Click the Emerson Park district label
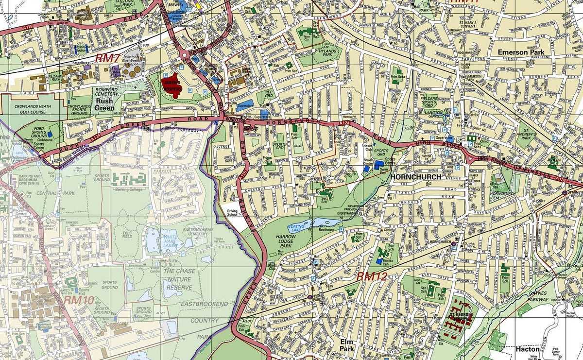point(520,52)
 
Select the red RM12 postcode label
point(372,276)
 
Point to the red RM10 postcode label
point(78,300)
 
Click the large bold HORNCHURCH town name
point(415,177)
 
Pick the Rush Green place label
point(104,104)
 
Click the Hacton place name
point(527,349)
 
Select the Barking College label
point(129,189)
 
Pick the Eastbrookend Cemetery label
point(198,232)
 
